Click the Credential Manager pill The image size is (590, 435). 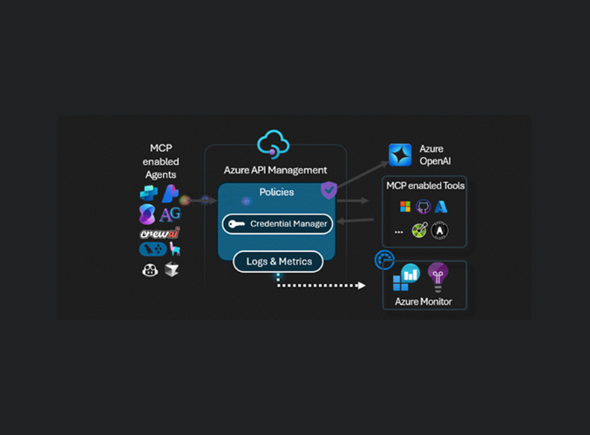click(x=277, y=224)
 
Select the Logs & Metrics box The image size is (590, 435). click(x=278, y=262)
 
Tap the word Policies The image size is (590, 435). click(x=276, y=192)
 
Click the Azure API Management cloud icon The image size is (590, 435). click(x=273, y=144)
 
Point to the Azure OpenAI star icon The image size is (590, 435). click(x=400, y=154)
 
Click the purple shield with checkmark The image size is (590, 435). click(x=329, y=190)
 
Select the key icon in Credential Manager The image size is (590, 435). click(x=237, y=224)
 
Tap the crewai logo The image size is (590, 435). click(x=159, y=234)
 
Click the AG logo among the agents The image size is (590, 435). click(x=170, y=214)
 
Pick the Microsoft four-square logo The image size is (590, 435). click(x=405, y=207)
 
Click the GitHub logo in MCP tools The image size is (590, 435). click(x=424, y=207)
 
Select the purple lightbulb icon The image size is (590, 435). click(x=438, y=276)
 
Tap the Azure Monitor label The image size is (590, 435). click(x=424, y=302)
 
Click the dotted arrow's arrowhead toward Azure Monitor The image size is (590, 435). click(x=362, y=286)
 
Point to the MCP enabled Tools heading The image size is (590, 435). click(x=425, y=186)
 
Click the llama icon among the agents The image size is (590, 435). click(x=174, y=248)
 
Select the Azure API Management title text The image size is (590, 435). click(x=275, y=170)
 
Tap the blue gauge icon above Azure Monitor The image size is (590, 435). click(x=384, y=260)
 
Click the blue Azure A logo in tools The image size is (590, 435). click(x=441, y=207)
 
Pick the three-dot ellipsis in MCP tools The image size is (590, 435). click(x=399, y=232)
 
